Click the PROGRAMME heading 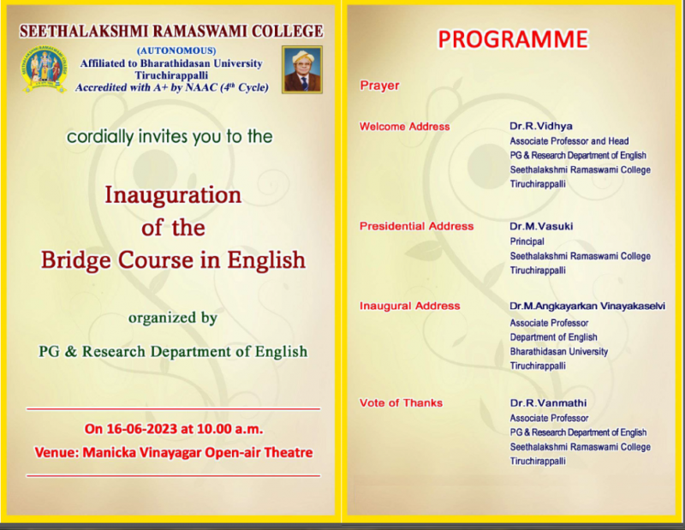[x=513, y=39]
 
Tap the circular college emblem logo [x=45, y=68]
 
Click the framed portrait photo [x=302, y=69]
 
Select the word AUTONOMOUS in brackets [x=176, y=51]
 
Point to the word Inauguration [x=173, y=195]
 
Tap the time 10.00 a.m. [x=229, y=429]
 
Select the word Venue [x=56, y=452]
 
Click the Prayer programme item [x=379, y=86]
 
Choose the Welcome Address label [x=404, y=127]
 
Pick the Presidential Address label [x=416, y=226]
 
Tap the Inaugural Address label [x=410, y=306]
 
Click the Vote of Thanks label [x=401, y=403]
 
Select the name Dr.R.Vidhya [x=541, y=126]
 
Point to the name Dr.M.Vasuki [x=541, y=226]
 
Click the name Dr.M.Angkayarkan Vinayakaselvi [x=587, y=306]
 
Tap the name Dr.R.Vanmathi [x=548, y=403]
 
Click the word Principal [x=527, y=241]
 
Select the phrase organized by [x=173, y=318]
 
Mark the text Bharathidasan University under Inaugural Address [x=559, y=351]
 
